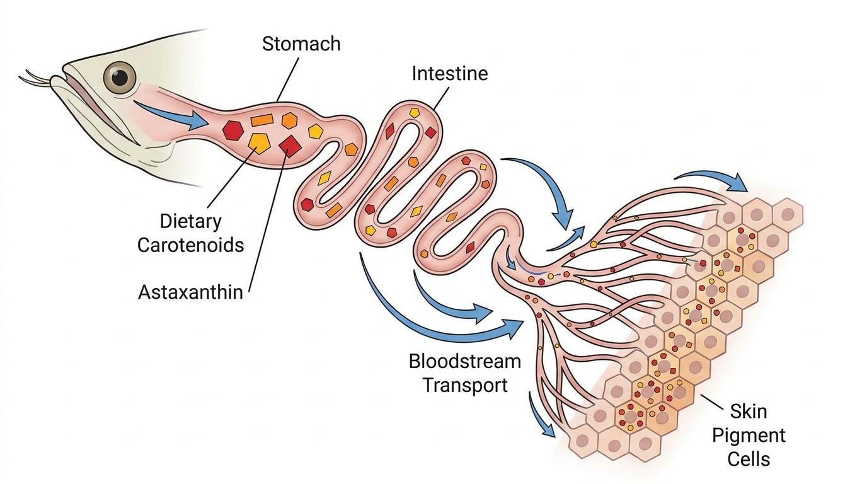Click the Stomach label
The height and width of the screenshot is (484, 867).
301,43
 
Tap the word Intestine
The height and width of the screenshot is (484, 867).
450,74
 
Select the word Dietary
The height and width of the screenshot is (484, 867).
190,221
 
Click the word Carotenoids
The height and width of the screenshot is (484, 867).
190,245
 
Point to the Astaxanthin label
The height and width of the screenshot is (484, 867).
190,292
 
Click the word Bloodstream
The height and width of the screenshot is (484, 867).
465,361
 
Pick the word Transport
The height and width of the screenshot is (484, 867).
465,385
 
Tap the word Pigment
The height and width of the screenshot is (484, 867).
749,436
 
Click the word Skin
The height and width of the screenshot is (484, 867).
749,411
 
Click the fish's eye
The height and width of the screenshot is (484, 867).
120,77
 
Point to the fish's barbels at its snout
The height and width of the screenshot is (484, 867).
37,79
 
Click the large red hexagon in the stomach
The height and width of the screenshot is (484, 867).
233,130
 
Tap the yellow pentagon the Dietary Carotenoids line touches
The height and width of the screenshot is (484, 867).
259,144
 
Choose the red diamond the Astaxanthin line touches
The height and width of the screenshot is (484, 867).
290,146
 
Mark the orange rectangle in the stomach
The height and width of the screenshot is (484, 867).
262,120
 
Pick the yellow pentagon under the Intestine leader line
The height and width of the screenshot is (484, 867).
415,113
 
